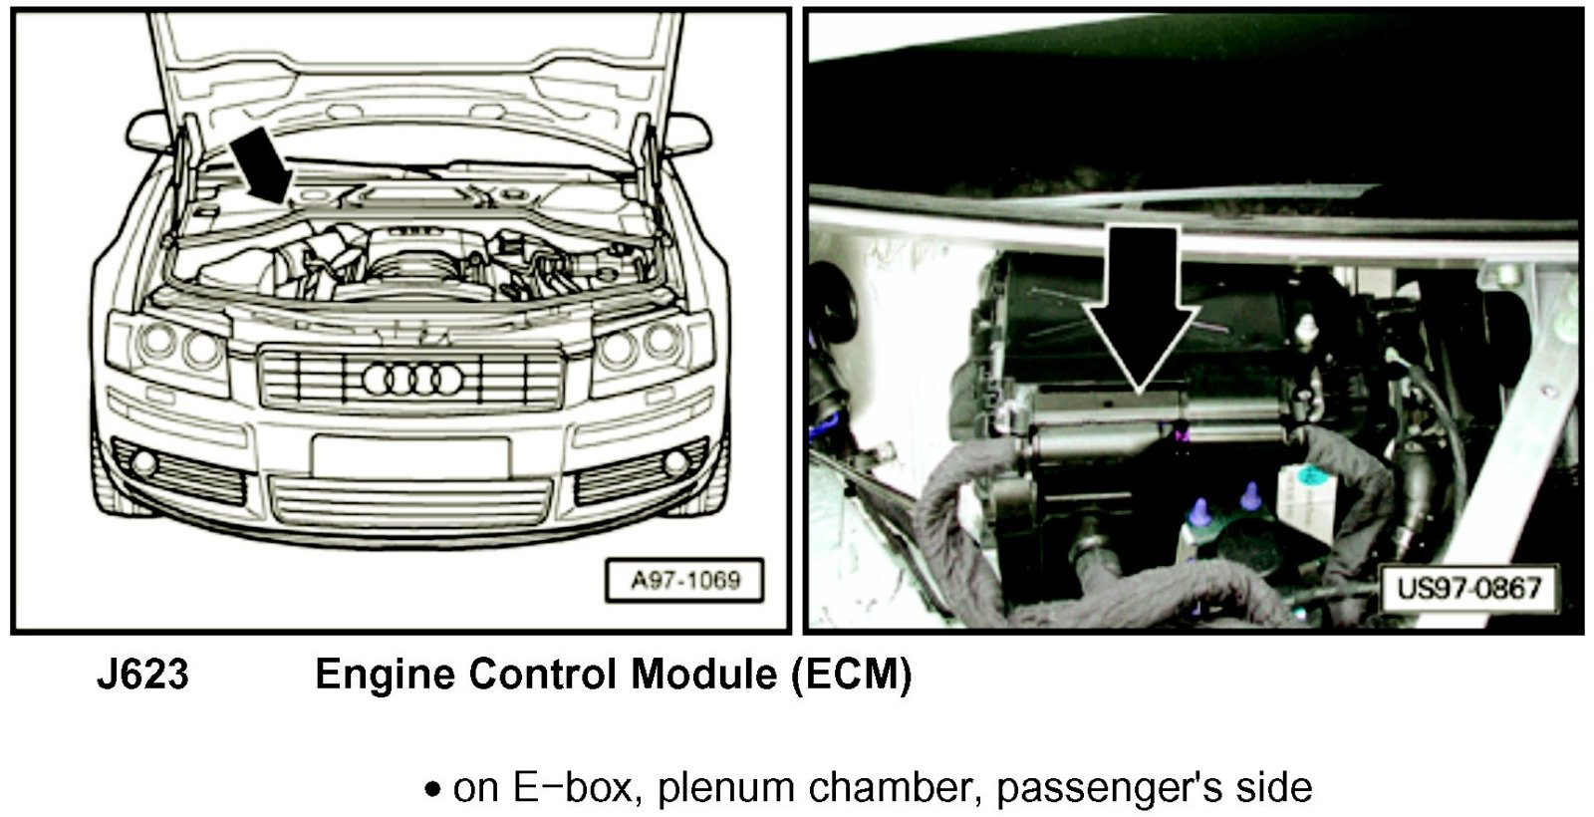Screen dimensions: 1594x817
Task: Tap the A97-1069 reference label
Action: pos(684,581)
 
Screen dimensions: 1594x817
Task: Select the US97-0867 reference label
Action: pos(1468,589)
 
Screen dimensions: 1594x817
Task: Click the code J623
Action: pos(143,674)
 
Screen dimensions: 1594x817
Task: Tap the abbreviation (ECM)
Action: pos(852,675)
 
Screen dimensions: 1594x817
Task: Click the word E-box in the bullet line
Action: pos(573,787)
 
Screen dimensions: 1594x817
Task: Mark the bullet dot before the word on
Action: pos(432,789)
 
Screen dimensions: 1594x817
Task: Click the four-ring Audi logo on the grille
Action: pos(412,380)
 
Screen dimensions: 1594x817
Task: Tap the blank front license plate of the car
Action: pos(411,457)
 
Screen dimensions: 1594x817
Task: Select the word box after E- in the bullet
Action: pos(596,787)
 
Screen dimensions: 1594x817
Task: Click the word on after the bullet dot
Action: pos(475,791)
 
